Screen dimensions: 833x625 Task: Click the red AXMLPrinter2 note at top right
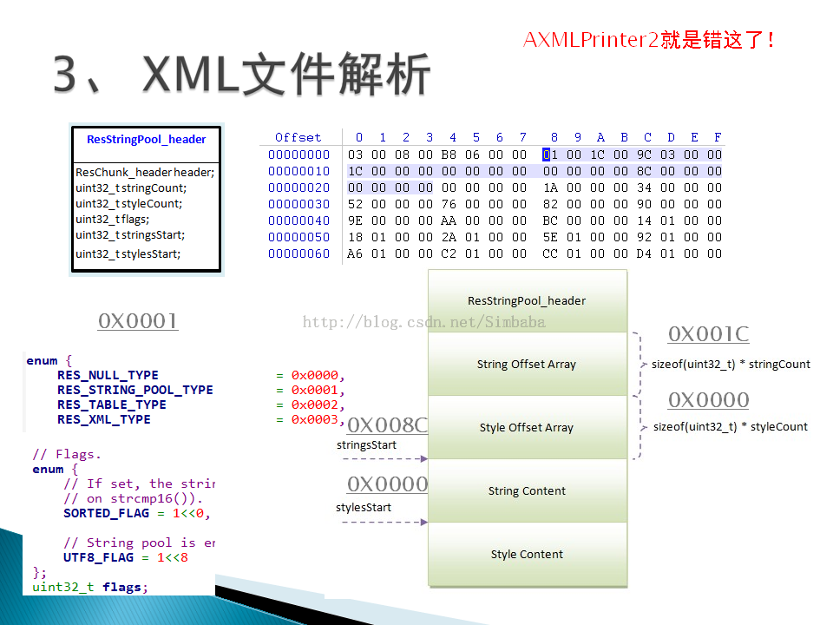(648, 40)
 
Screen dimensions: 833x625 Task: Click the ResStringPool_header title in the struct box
(146, 139)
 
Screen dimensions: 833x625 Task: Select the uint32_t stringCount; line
(131, 188)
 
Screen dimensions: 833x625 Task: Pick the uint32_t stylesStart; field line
(128, 254)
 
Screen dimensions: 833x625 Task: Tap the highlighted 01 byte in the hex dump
(550, 155)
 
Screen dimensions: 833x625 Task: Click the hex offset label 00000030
(298, 204)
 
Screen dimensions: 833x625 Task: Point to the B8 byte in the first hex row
(449, 155)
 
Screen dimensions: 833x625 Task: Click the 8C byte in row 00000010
(644, 171)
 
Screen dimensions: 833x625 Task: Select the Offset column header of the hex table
(298, 138)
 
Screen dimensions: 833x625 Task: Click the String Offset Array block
(527, 364)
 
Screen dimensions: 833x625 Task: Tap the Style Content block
(527, 555)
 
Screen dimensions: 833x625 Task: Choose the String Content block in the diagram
(527, 490)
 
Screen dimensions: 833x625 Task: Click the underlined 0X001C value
(709, 334)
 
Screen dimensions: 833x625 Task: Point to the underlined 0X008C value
(388, 425)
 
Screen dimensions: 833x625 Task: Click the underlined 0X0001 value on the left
(138, 321)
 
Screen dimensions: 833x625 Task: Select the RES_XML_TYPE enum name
(104, 419)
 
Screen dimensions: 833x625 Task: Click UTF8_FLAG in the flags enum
(98, 557)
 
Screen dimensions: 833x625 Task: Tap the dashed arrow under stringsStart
(384, 458)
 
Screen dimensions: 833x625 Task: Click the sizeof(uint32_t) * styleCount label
(731, 427)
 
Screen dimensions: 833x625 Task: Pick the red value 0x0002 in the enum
(314, 405)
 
